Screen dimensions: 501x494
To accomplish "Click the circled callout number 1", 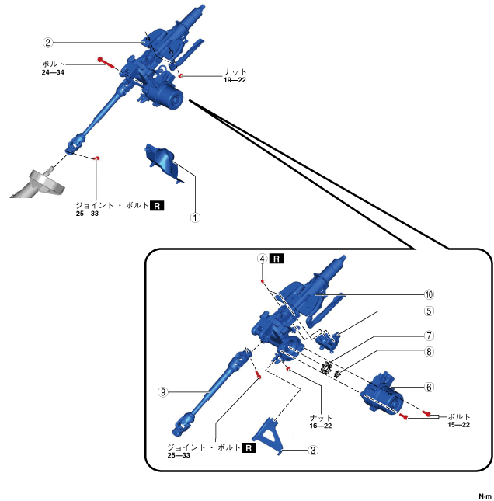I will coord(196,217).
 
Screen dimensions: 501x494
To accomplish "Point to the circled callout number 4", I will coord(263,257).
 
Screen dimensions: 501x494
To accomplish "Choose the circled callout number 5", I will coord(428,311).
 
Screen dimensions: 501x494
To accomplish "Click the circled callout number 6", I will coord(428,386).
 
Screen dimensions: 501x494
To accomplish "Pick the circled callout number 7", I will coord(428,336).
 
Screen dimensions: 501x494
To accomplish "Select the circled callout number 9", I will coord(162,392).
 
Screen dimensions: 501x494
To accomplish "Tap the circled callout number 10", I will coord(428,294).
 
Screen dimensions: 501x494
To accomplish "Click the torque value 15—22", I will coord(458,425).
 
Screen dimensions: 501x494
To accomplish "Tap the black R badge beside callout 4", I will coord(278,257).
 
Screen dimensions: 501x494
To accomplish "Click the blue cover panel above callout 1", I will coord(165,162).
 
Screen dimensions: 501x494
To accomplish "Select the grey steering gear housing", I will coord(36,184).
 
